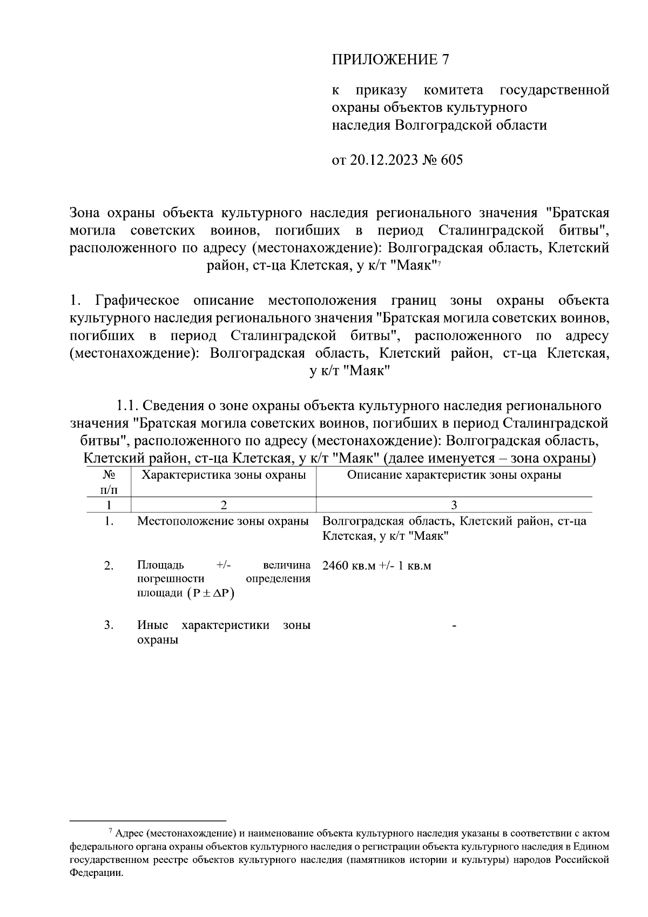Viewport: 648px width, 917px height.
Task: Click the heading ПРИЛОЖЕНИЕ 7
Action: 390,59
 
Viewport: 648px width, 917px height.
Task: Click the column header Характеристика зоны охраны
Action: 224,475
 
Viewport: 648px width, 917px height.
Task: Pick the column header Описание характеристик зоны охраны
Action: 454,475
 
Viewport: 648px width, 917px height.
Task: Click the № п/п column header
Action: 109,482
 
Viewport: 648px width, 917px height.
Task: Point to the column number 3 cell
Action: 454,505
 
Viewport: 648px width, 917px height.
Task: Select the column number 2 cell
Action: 224,505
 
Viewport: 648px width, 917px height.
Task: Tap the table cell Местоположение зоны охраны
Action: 223,521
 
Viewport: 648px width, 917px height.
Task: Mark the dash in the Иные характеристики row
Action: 454,626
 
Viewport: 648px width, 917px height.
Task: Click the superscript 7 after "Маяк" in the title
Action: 440,263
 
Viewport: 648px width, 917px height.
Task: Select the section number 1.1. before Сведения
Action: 128,405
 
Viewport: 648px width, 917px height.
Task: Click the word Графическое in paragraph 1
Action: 137,300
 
